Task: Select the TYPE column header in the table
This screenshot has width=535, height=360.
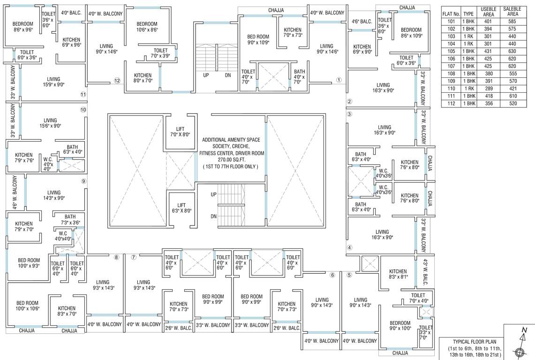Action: coord(468,14)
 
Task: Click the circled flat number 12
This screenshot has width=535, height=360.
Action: coord(117,80)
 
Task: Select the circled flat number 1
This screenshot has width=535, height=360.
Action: coord(339,79)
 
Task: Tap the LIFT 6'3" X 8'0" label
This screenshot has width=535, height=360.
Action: coord(181,208)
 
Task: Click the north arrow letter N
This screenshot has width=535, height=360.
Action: coord(524,330)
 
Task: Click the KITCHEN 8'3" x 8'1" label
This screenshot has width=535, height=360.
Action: coord(398,274)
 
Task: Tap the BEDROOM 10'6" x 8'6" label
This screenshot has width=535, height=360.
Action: coord(147,26)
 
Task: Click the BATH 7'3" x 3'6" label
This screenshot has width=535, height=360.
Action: coord(70,219)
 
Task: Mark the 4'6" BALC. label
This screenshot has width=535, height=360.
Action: coord(362,21)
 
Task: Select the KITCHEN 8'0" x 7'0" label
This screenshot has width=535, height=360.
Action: coord(143,78)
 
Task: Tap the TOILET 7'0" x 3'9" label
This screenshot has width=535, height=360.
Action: coord(160,53)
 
